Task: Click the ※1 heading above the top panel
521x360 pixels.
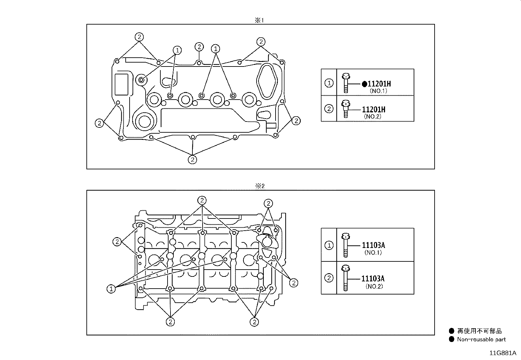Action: [x=259, y=20]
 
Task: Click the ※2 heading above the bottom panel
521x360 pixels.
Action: [x=260, y=186]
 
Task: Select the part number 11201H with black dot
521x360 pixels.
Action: [x=376, y=84]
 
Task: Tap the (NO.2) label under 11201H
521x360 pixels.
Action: [x=373, y=116]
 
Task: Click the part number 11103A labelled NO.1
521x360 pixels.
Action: [x=373, y=245]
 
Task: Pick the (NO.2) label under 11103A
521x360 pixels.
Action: [x=374, y=286]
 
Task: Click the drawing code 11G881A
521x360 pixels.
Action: [x=503, y=353]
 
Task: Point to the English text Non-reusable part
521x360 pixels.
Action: [x=481, y=339]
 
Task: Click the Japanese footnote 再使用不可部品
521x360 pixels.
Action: [x=479, y=331]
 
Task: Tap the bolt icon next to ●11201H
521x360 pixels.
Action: [x=346, y=83]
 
